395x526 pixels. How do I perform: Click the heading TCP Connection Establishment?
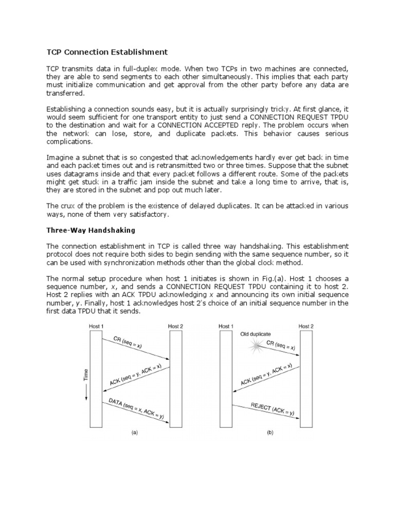click(107, 52)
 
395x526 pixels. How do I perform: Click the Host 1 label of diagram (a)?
click(96, 326)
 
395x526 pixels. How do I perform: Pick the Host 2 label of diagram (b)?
click(307, 326)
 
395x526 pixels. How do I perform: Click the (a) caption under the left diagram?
click(135, 433)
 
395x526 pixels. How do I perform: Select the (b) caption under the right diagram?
click(270, 433)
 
